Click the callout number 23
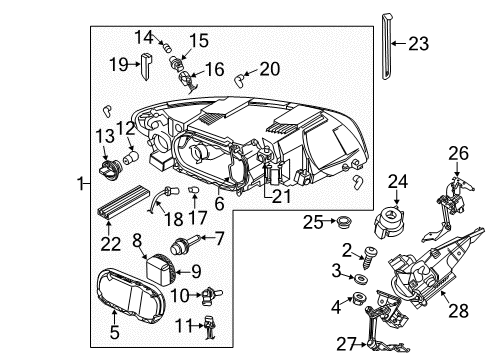(417, 43)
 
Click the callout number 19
(119, 64)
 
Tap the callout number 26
(458, 152)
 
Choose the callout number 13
(102, 135)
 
